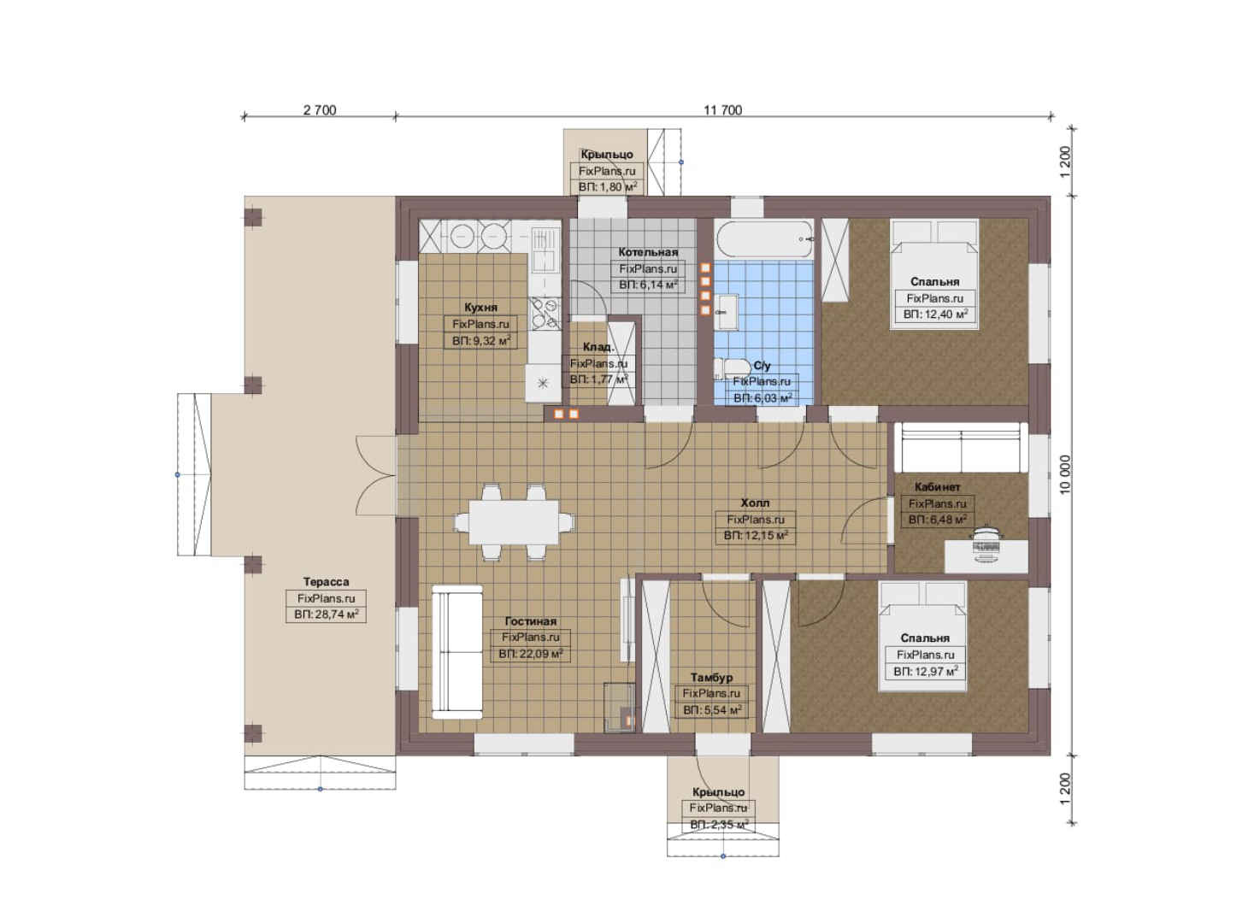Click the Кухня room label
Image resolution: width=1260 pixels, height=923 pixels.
(x=480, y=308)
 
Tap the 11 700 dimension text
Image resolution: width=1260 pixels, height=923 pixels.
(x=723, y=110)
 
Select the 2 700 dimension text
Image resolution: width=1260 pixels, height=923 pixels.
(x=320, y=110)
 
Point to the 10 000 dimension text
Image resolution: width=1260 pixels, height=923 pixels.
(x=1065, y=474)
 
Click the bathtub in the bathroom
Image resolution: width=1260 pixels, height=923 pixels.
(x=763, y=239)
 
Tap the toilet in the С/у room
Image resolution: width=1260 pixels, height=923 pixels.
(x=732, y=369)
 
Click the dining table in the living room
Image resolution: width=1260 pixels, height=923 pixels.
(x=514, y=522)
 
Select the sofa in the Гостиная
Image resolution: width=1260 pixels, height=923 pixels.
(x=457, y=652)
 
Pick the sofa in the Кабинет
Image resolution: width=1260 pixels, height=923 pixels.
(x=961, y=448)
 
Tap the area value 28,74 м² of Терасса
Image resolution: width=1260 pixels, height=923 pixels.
(x=327, y=614)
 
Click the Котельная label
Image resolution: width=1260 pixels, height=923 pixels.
(x=648, y=252)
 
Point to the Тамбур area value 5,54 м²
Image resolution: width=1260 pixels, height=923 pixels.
(x=712, y=710)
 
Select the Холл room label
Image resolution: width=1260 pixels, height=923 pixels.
(x=755, y=503)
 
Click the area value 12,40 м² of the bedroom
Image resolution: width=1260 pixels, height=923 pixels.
(x=935, y=315)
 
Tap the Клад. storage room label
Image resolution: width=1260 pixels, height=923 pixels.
(x=598, y=347)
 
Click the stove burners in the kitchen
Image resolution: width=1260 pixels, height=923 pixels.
(x=545, y=313)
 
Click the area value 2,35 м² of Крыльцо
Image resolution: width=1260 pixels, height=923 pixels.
(x=719, y=825)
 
